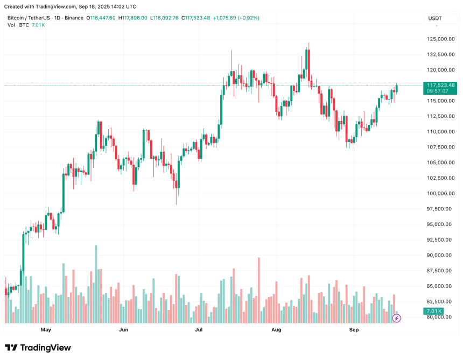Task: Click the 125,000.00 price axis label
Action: (x=438, y=39)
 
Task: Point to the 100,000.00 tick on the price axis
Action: (x=438, y=193)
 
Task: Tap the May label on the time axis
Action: (x=46, y=329)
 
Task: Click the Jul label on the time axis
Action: (x=199, y=329)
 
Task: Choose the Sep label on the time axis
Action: (x=354, y=329)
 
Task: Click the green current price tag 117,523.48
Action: (x=440, y=85)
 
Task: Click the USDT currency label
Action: (x=435, y=18)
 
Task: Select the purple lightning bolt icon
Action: (x=397, y=318)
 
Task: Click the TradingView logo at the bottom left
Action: (x=38, y=348)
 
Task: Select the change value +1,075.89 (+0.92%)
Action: (x=236, y=18)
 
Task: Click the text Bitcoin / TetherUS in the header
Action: (x=30, y=18)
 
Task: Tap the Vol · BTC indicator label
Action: (x=18, y=25)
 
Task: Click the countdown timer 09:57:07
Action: (x=438, y=91)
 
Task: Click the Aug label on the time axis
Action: (x=277, y=329)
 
